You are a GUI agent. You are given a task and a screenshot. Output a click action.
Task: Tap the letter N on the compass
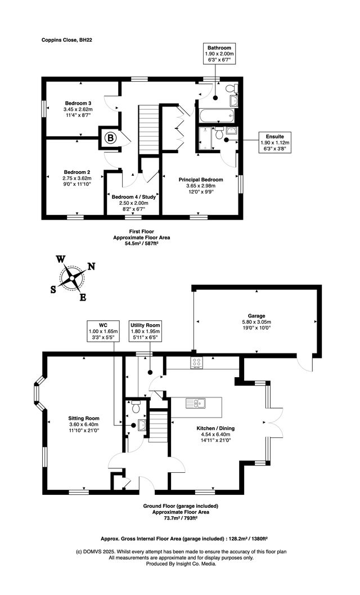[91, 267]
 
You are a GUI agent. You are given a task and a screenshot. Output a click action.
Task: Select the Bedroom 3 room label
[78, 103]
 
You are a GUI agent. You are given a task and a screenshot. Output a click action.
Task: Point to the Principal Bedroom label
[201, 180]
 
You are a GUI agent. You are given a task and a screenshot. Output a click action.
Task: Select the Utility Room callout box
[145, 332]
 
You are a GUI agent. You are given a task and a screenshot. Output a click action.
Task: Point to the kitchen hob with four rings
[197, 363]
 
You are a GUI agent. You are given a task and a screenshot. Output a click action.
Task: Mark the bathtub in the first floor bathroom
[213, 117]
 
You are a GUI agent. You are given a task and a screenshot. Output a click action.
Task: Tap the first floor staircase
[149, 126]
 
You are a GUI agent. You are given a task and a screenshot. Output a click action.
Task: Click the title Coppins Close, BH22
[67, 40]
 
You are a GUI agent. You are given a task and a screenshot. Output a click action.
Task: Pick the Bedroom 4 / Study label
[134, 197]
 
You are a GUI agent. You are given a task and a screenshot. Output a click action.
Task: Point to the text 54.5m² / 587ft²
[141, 244]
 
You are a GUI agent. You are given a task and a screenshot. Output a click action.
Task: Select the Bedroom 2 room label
[76, 172]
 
